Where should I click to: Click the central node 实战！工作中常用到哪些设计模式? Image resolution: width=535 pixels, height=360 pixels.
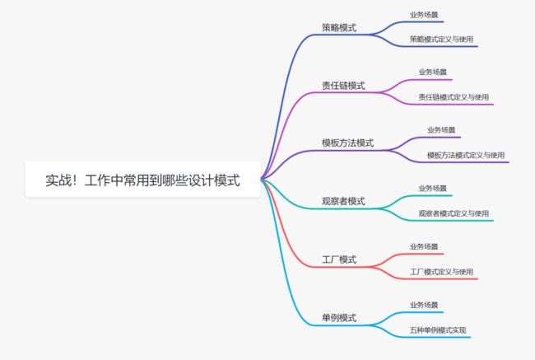click(142, 180)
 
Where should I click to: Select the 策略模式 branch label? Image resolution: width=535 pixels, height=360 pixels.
click(339, 28)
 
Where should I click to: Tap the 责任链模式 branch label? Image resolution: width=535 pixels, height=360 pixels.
click(343, 86)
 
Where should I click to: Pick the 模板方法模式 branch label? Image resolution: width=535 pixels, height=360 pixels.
click(347, 143)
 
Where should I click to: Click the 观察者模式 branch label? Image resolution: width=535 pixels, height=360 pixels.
click(343, 201)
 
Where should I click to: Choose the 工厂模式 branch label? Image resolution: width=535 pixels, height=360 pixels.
click(339, 259)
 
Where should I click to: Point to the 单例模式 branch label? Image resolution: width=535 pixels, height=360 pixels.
click(339, 318)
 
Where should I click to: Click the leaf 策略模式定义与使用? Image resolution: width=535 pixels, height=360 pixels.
click(441, 39)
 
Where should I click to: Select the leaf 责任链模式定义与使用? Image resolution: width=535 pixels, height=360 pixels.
click(454, 97)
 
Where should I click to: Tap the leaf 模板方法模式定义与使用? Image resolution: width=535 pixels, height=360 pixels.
click(466, 155)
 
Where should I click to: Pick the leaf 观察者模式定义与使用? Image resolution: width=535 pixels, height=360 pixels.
click(454, 213)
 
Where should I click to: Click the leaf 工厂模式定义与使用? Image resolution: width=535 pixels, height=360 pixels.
click(441, 272)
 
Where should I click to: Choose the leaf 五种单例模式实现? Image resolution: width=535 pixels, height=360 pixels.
click(438, 330)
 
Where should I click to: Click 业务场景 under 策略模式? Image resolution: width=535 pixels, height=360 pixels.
click(424, 15)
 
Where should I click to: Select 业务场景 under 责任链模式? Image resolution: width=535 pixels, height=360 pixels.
click(432, 72)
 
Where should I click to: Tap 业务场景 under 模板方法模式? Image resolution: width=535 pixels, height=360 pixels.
click(441, 130)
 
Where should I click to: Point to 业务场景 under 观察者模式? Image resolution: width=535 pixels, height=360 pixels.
click(432, 188)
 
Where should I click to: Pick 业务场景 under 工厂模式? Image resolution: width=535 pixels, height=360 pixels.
click(424, 246)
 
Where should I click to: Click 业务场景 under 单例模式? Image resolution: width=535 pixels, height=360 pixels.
click(424, 305)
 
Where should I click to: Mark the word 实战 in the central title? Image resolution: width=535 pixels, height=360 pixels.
click(58, 180)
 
